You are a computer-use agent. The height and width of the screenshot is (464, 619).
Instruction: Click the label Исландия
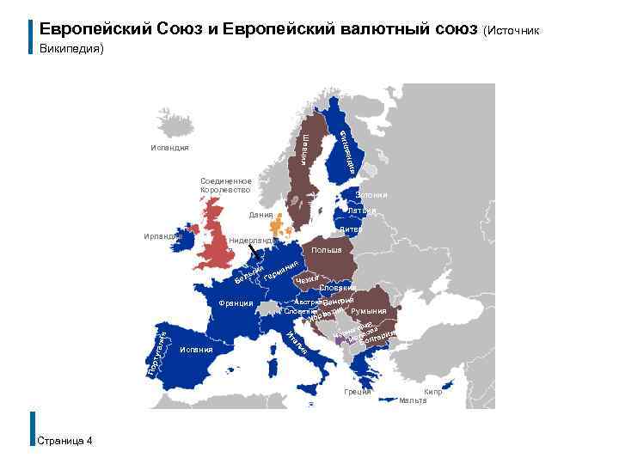click(169, 148)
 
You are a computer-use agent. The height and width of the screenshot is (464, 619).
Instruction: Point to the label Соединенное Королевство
click(225, 185)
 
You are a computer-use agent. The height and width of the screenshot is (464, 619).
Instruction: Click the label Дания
click(260, 215)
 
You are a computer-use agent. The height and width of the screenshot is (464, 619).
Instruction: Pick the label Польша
click(327, 251)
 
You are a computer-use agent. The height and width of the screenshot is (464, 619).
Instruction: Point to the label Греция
click(357, 392)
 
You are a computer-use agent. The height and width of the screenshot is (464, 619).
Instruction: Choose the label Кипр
click(433, 392)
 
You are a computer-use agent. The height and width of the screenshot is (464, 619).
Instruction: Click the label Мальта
click(412, 401)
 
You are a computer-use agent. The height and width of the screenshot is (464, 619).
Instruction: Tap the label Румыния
click(370, 311)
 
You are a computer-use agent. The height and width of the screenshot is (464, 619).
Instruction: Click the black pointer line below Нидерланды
click(253, 252)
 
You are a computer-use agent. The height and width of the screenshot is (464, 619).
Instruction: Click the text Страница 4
click(66, 441)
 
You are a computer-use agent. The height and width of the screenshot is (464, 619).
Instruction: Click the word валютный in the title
click(383, 28)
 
